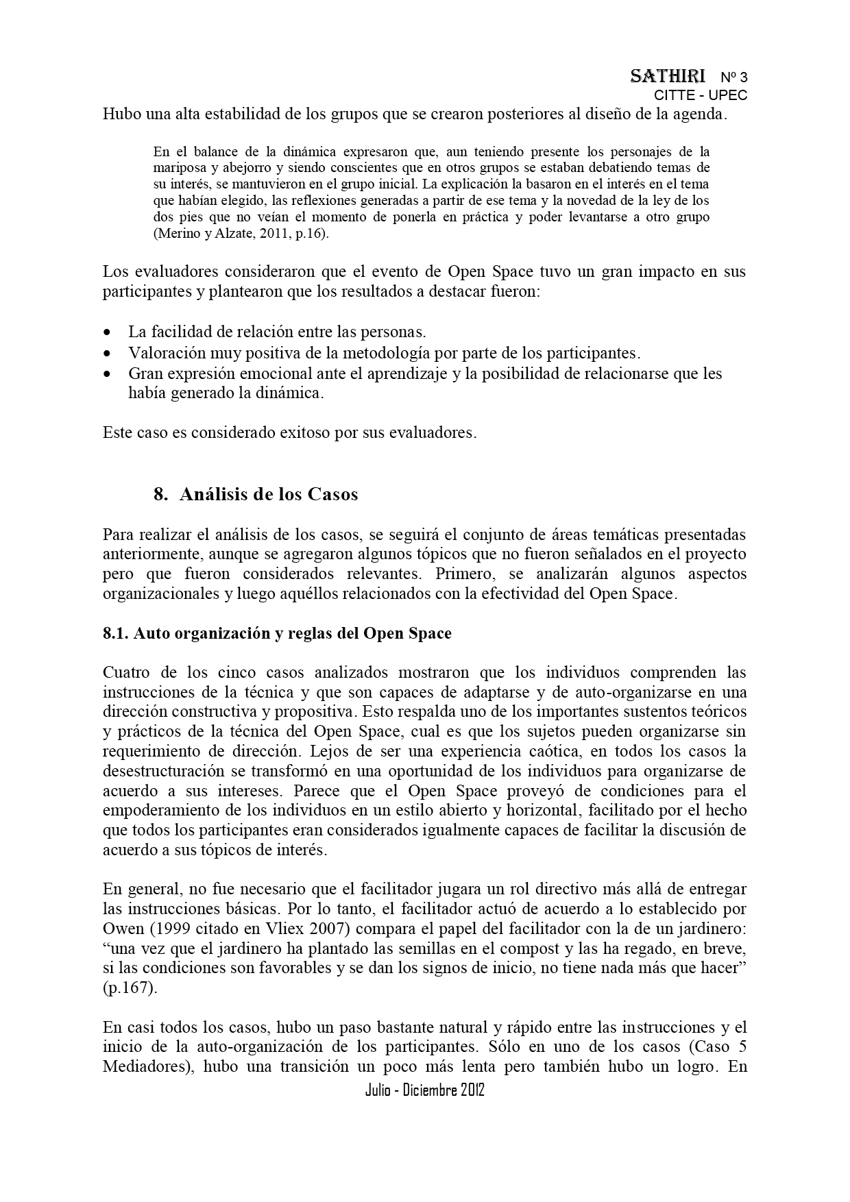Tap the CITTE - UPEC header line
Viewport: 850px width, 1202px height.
pos(700,95)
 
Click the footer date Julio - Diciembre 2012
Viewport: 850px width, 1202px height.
pos(425,1090)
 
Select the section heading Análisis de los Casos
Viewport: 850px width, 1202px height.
pos(269,494)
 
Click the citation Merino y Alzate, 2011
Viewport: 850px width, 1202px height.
pos(221,234)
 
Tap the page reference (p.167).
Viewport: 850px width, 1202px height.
pos(130,989)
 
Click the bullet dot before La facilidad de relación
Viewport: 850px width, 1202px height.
pos(107,333)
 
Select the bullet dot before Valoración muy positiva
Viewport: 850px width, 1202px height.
pos(107,354)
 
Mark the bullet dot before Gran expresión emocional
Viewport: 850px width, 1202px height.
pos(107,374)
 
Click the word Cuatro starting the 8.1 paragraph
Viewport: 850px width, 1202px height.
pos(125,672)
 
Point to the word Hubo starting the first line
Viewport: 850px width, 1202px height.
pos(120,114)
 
